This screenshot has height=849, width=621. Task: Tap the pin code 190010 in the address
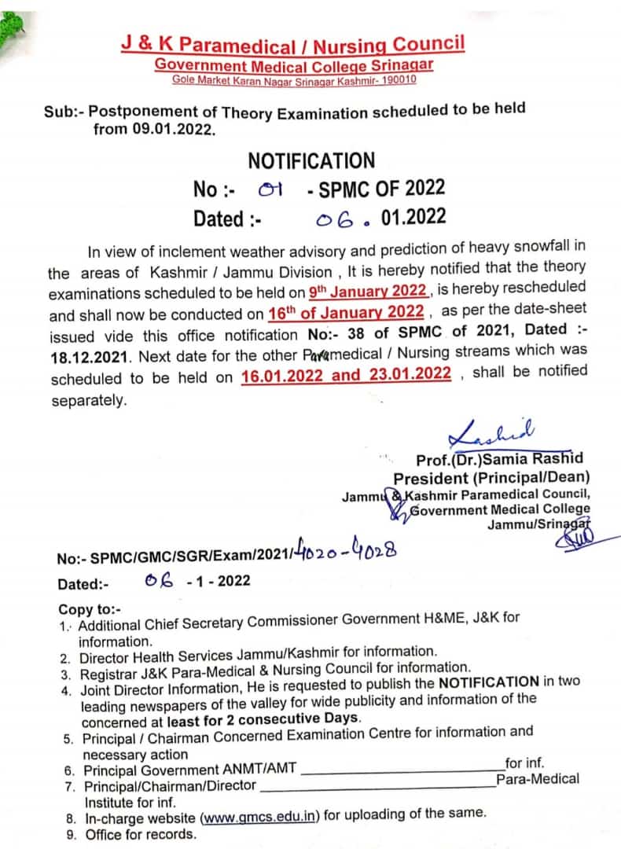pos(395,79)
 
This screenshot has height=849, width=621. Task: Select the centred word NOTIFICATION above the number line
pos(311,161)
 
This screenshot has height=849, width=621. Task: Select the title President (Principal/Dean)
pos(491,478)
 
